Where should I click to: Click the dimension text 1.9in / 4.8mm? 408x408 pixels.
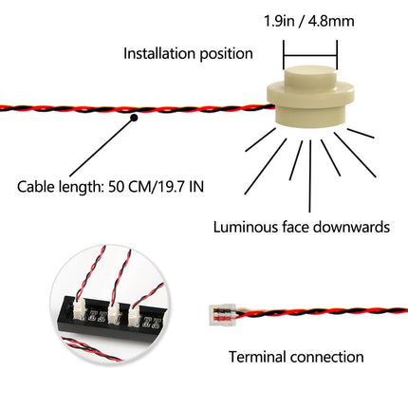coord(309,22)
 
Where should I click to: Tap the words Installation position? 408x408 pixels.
coord(188,54)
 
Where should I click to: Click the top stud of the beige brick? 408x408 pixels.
coord(310,76)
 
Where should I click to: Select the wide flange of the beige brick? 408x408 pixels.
coord(310,95)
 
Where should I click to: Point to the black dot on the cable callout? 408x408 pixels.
coord(134,118)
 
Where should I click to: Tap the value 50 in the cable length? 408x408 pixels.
coord(117,187)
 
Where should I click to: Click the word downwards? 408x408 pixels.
coord(352,228)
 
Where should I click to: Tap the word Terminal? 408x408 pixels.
coord(257,357)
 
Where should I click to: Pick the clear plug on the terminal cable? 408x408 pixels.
coord(223,314)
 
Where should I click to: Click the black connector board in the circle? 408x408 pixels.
coord(112,317)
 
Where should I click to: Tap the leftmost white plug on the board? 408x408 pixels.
coord(79,310)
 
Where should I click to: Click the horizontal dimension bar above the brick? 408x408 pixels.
coord(310,56)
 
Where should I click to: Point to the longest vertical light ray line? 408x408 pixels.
coord(310,176)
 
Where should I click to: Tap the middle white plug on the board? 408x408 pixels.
coord(114,313)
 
